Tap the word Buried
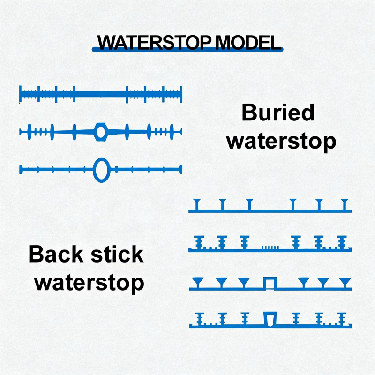click(x=278, y=113)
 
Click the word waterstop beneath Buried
click(x=281, y=140)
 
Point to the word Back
click(x=56, y=254)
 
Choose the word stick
click(x=116, y=254)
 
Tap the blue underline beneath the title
click(x=187, y=50)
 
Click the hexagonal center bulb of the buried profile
click(x=100, y=132)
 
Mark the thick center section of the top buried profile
click(x=101, y=94)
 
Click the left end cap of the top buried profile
click(x=20, y=94)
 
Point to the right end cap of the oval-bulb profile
click(x=180, y=169)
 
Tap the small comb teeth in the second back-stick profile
click(x=269, y=247)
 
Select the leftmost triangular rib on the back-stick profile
click(x=197, y=282)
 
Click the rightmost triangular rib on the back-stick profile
click(x=345, y=282)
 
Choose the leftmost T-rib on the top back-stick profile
click(x=197, y=204)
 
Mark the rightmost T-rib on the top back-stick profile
click(x=346, y=204)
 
